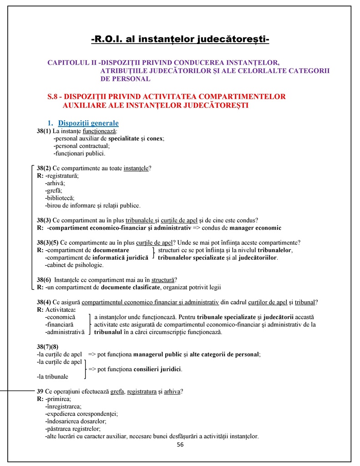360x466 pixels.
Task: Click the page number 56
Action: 180,445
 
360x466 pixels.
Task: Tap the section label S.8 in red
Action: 55,97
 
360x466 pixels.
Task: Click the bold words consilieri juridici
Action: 157,369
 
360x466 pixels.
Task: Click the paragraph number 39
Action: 40,391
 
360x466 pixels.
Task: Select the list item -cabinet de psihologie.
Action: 74,265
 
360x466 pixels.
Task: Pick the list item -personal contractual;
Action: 81,146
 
